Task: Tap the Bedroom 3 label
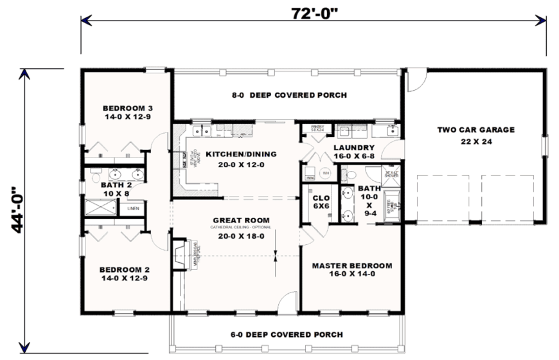[x=127, y=112]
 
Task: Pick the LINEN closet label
[x=132, y=208]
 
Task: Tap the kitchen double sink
[x=205, y=132]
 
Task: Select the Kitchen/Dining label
[x=240, y=158]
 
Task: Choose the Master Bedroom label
[x=351, y=269]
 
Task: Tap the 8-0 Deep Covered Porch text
[x=289, y=95]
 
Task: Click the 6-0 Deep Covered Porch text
[x=287, y=334]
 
